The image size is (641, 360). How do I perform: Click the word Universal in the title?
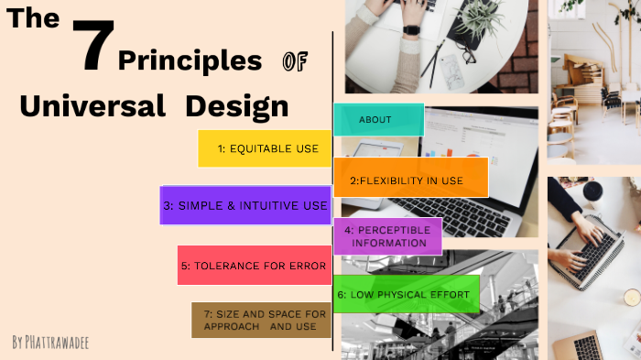[92, 105]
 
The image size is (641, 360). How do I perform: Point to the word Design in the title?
[236, 105]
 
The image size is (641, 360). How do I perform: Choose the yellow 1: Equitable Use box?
[265, 148]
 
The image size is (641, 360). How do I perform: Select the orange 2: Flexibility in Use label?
[410, 180]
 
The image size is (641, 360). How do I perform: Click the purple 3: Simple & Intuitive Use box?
[245, 206]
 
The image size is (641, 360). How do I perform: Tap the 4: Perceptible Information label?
[387, 236]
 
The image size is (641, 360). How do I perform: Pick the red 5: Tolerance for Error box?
[254, 266]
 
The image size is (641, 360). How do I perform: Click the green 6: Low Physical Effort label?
[406, 294]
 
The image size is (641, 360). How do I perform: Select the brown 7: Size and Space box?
[261, 320]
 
